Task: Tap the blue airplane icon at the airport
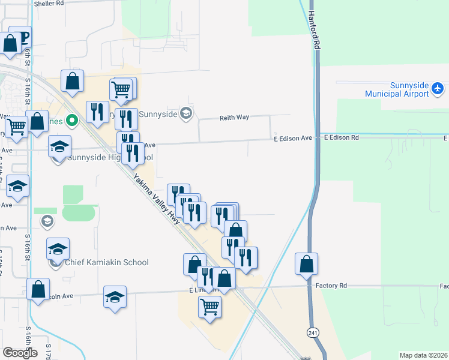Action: click(x=438, y=89)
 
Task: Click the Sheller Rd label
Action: click(x=49, y=4)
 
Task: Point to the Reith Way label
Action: click(x=234, y=118)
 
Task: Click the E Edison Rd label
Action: click(x=341, y=137)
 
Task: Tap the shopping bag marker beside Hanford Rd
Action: click(x=306, y=263)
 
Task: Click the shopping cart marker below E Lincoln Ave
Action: click(x=209, y=307)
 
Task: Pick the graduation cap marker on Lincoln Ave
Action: click(x=115, y=297)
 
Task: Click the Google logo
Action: click(x=20, y=353)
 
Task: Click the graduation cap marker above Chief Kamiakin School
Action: click(x=58, y=248)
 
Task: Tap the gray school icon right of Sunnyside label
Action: click(x=186, y=113)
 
